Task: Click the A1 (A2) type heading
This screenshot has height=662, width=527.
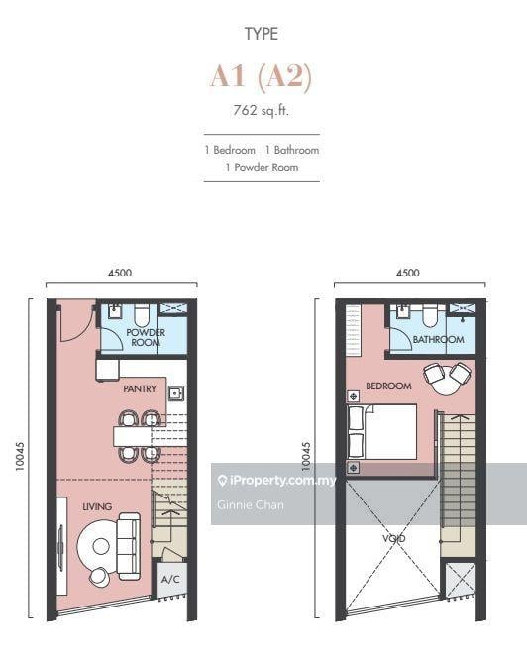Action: [x=262, y=77]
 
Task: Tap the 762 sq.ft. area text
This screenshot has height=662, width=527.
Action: [x=262, y=111]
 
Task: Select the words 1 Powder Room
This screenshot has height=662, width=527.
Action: [x=262, y=167]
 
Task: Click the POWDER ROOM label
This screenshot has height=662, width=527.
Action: [x=146, y=337]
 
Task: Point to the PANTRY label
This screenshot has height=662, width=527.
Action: [x=140, y=388]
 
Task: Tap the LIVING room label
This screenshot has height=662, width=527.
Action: [x=97, y=506]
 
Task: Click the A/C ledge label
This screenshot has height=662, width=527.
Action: [x=170, y=579]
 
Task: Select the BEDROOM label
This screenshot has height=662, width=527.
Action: [x=388, y=386]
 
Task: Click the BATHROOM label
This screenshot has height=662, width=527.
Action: [x=439, y=340]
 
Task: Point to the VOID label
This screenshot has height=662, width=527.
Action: [x=394, y=539]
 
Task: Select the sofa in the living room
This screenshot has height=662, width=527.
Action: [x=129, y=546]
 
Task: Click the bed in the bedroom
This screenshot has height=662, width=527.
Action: [x=381, y=431]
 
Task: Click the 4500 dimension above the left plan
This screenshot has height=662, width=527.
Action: [x=120, y=273]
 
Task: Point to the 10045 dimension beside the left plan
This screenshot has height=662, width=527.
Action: [x=20, y=456]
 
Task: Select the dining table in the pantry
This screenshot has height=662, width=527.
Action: [x=133, y=437]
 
